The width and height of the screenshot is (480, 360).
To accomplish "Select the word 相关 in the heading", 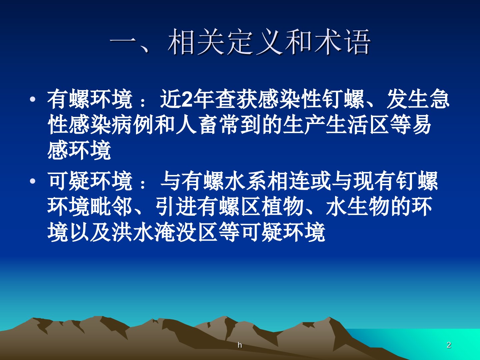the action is pos(196,42).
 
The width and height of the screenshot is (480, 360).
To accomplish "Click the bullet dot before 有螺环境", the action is pos(33,100).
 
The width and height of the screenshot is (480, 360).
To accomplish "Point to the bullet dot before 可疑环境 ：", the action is pos(33,181).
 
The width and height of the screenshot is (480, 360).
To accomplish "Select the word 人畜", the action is pos(197,125).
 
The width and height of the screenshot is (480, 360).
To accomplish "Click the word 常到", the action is pos(239,125).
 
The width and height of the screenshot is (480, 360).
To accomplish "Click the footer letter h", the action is pos(240,345).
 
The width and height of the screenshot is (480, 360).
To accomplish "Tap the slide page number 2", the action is pos(449,345).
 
